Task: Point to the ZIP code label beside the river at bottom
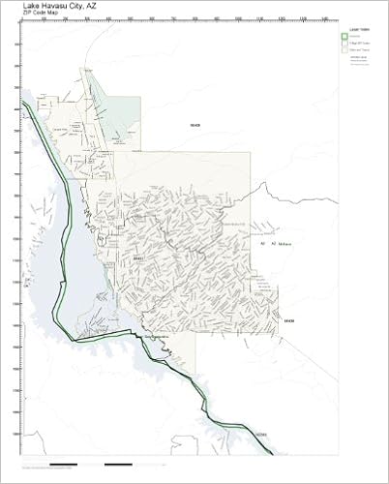(x=261, y=436)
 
